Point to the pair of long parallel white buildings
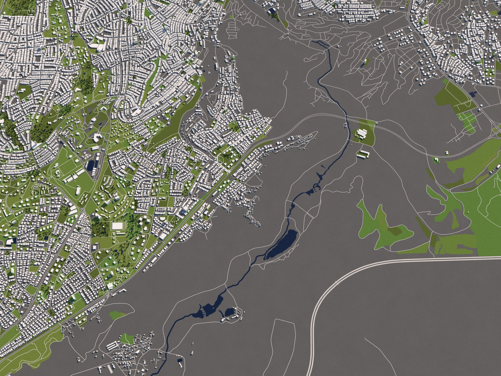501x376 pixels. (x=363, y=154)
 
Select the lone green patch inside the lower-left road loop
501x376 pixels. (x=118, y=315)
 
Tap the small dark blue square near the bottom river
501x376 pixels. (x=180, y=361)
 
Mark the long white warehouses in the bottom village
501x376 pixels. (x=112, y=346)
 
